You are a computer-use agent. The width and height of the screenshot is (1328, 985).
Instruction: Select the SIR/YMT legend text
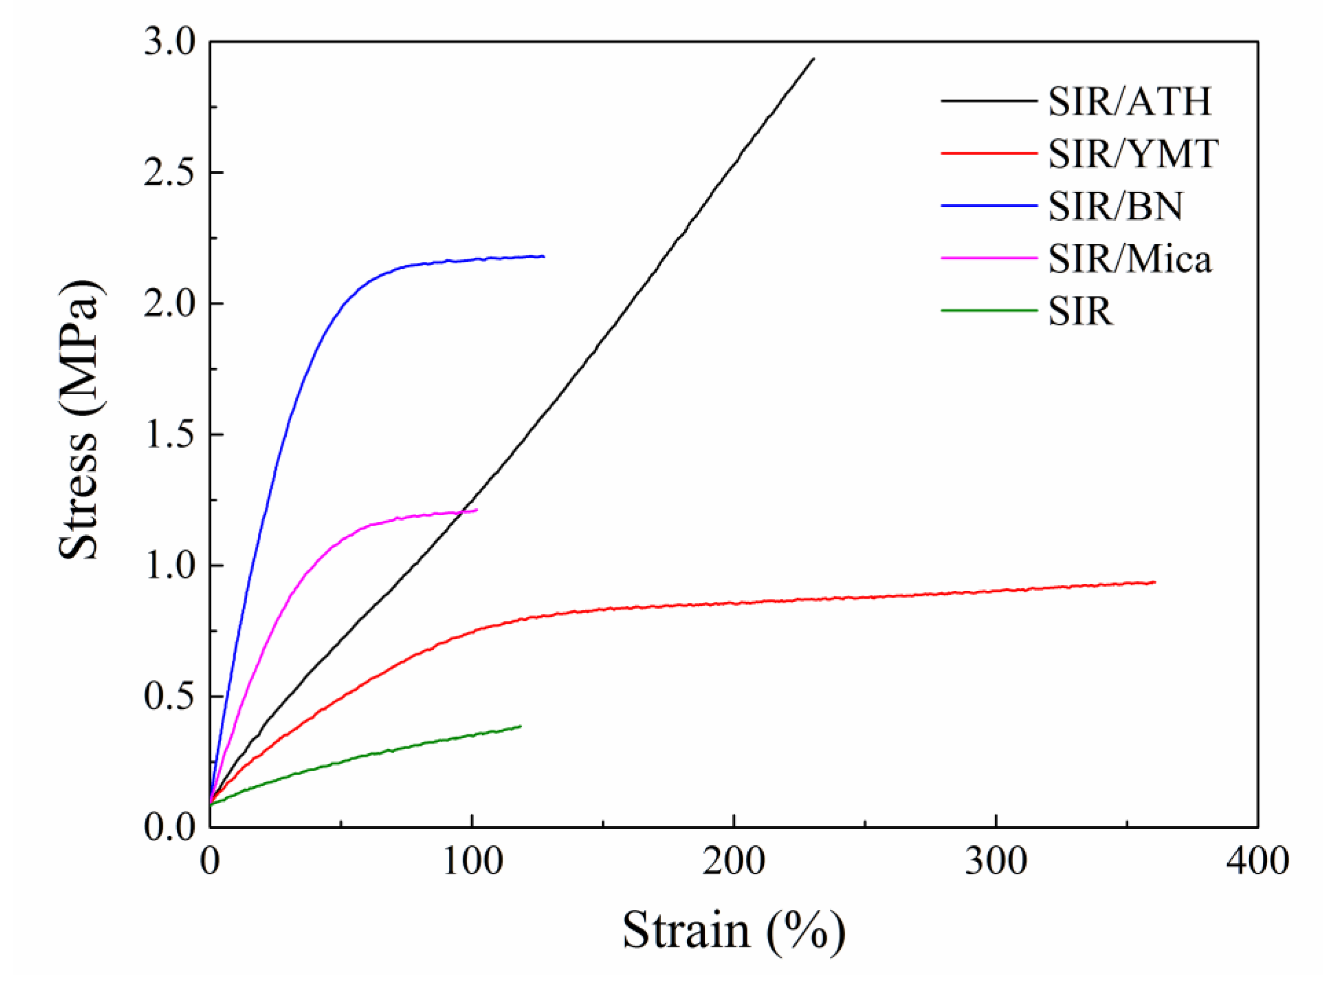(1132, 154)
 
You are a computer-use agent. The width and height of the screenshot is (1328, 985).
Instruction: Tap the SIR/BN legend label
(1115, 207)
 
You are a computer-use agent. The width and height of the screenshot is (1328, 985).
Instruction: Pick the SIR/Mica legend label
(1129, 259)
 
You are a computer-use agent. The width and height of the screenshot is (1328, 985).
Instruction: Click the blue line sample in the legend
(989, 206)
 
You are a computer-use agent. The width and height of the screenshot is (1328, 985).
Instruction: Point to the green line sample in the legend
(989, 310)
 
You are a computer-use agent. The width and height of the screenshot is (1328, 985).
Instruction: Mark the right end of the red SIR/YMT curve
(1154, 582)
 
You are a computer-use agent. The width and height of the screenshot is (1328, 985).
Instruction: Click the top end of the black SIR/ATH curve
(813, 59)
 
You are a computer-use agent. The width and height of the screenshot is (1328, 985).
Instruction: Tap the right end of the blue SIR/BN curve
(544, 256)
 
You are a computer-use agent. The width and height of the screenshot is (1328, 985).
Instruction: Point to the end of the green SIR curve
(521, 726)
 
